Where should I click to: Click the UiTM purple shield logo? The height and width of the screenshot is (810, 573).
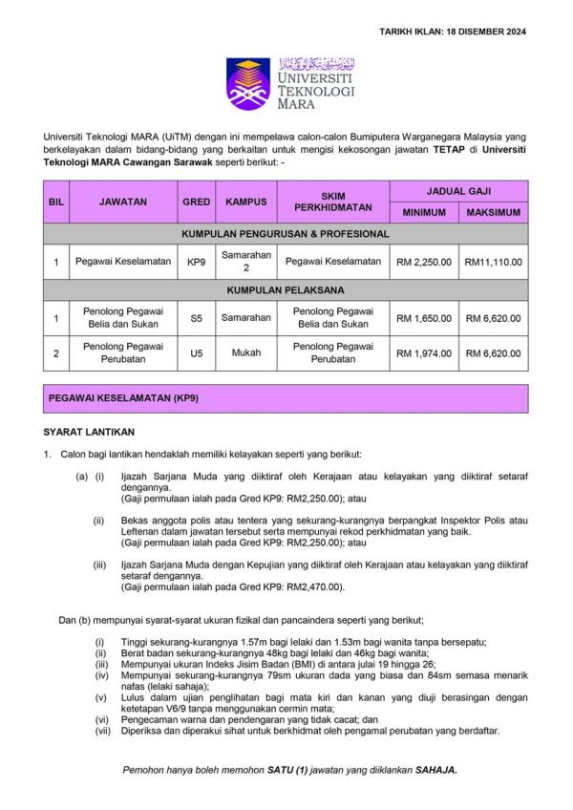coord(247,83)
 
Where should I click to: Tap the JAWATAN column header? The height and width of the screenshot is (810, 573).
coord(122,202)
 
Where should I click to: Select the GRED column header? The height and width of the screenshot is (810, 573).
coord(196,202)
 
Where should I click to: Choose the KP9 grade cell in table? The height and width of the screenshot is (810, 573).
coord(196,262)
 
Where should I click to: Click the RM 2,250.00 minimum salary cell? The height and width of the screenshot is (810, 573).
coord(423,262)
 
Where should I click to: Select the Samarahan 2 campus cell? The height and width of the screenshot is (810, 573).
coord(245,262)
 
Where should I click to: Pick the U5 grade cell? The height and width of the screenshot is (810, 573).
coord(196,352)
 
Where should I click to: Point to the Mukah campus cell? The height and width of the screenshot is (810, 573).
coord(245,352)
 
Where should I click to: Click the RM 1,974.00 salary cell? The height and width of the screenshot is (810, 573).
coord(423,352)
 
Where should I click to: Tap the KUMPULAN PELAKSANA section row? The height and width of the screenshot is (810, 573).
coord(286,288)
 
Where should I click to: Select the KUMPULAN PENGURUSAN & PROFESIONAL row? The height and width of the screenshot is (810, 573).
coord(286,234)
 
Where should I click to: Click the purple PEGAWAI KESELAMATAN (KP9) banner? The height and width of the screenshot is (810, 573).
coord(286,395)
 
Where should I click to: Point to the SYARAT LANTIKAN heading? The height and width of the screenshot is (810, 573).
coord(89,432)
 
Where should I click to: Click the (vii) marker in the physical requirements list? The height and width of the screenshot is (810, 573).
coord(100,731)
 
